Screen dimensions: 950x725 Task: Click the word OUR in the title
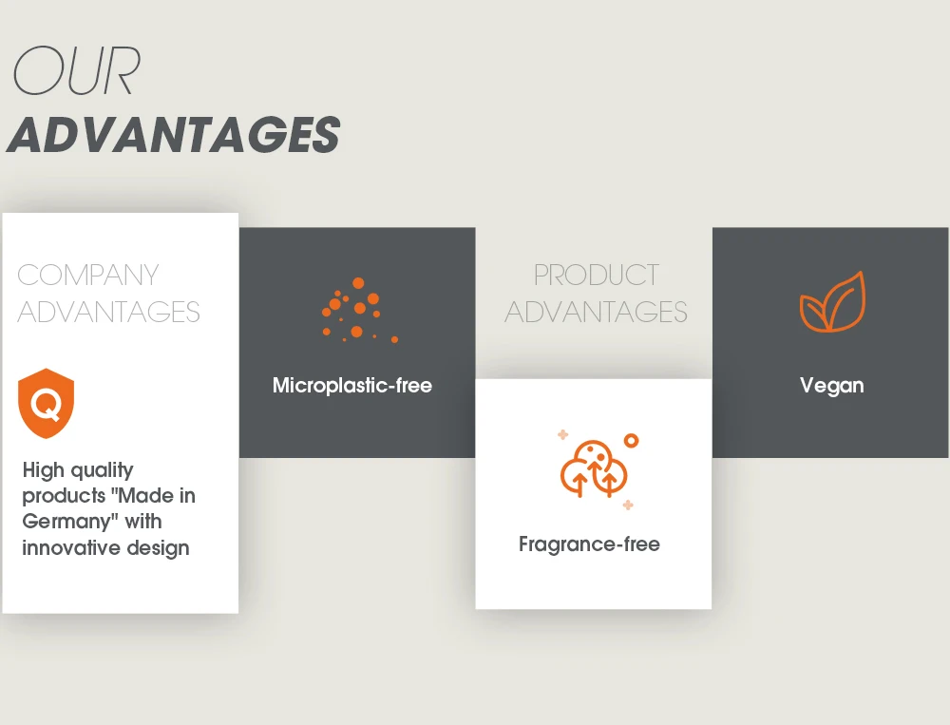pos(77,71)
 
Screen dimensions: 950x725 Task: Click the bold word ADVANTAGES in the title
pos(173,134)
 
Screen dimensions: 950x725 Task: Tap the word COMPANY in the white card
pos(87,276)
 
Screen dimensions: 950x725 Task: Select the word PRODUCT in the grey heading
pos(597,276)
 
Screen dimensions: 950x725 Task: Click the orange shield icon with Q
pos(46,403)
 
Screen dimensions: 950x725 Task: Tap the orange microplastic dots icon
pos(360,311)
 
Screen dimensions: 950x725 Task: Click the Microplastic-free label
pos(352,386)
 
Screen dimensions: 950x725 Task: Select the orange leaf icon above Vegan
pos(832,302)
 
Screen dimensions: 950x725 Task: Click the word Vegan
pos(832,386)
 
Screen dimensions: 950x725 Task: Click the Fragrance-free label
pos(590,544)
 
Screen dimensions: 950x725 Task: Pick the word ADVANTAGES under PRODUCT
pos(597,313)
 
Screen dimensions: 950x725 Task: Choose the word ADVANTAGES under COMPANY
pos(108,313)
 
